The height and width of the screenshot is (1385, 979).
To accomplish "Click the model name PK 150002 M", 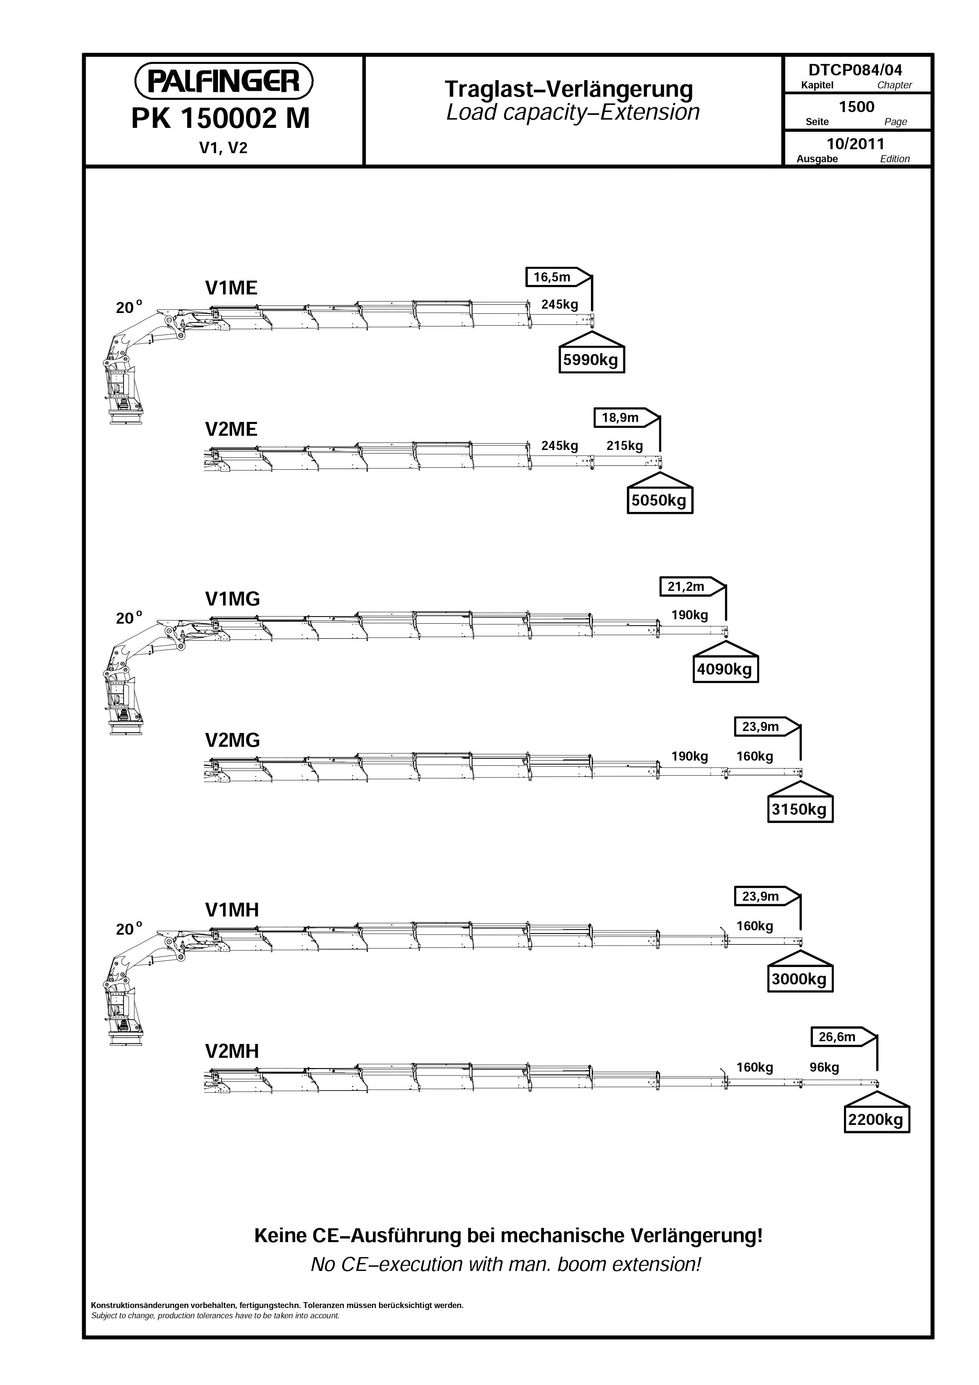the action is click(x=221, y=119).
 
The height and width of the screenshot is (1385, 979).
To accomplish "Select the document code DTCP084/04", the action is click(x=855, y=70).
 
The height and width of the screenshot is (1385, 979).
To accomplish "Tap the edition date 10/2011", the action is click(x=855, y=144).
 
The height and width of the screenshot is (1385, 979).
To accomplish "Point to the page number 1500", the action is click(x=857, y=107).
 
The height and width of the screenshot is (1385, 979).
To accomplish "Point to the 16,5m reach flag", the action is click(x=557, y=277).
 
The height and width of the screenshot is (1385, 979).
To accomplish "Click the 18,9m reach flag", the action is click(x=626, y=418).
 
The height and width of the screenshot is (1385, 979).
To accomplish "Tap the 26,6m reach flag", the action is click(x=843, y=1037).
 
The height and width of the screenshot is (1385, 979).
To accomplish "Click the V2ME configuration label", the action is click(x=231, y=429).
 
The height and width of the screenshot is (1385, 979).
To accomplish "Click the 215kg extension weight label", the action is click(x=625, y=446).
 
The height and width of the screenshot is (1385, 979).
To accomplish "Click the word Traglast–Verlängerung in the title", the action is click(x=569, y=89).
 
